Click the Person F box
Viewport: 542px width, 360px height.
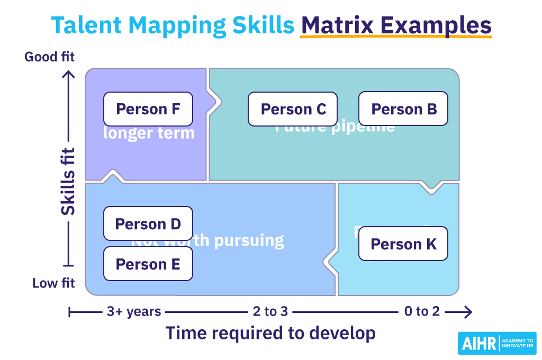(x=148, y=109)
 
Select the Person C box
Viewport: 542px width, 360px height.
(x=293, y=109)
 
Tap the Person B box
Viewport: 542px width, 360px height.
(x=403, y=109)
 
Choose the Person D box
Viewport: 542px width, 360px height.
(x=148, y=224)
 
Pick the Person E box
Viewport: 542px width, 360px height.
(x=148, y=264)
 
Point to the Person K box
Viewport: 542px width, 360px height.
(x=403, y=244)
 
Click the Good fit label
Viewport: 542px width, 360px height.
(x=49, y=56)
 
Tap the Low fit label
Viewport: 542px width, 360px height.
(x=53, y=283)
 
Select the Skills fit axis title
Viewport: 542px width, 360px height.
(x=68, y=181)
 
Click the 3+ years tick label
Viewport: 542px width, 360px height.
(x=133, y=311)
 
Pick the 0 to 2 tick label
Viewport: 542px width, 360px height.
(x=421, y=311)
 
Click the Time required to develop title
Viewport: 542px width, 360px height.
(x=270, y=333)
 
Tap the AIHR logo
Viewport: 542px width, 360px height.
(x=496, y=343)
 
